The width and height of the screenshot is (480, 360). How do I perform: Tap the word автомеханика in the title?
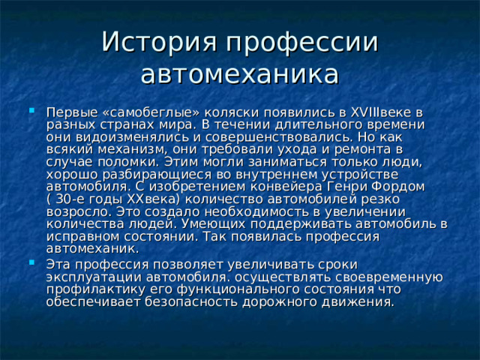coord(239,74)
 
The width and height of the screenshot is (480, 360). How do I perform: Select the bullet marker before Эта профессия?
coord(30,264)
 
